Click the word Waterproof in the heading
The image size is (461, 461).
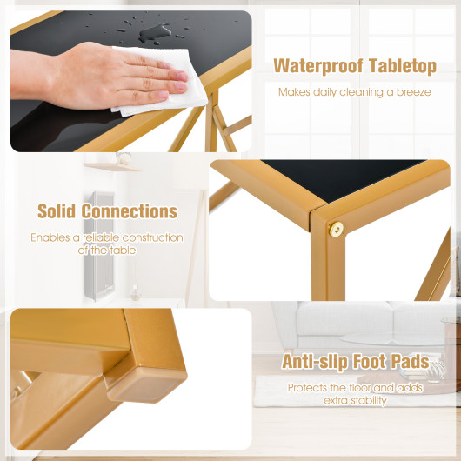(x=318, y=66)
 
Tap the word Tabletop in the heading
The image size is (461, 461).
(x=402, y=65)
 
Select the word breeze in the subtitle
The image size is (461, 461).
(x=414, y=92)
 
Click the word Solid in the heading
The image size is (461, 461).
(x=57, y=211)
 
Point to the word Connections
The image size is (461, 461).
(x=130, y=211)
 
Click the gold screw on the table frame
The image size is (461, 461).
(x=336, y=230)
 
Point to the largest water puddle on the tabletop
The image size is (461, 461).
(x=154, y=33)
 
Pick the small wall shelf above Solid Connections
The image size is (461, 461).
(x=112, y=167)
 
